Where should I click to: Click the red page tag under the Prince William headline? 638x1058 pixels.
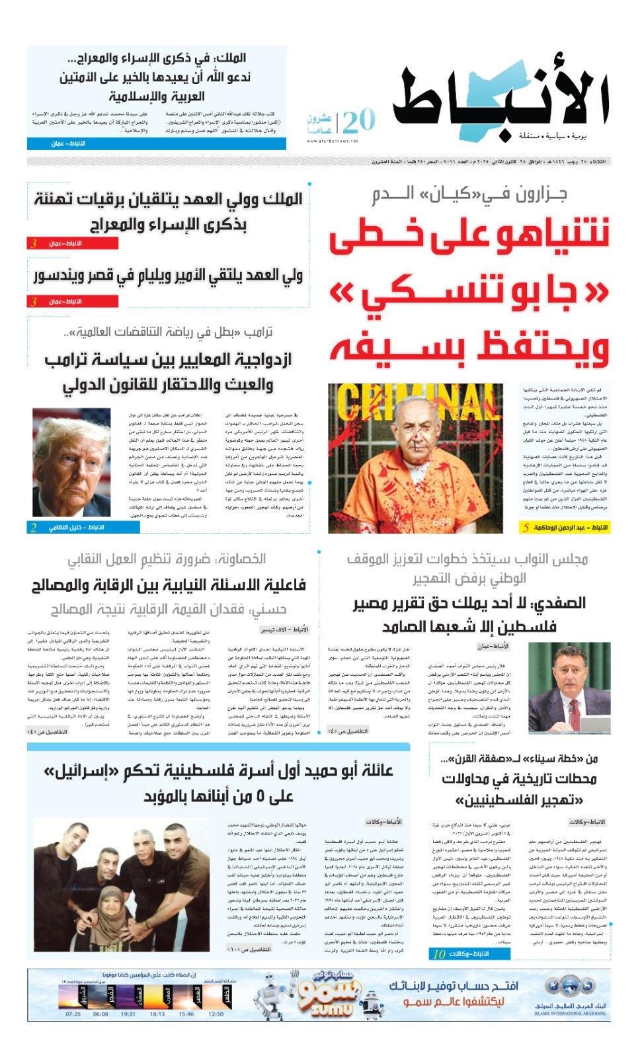pyautogui.click(x=72, y=302)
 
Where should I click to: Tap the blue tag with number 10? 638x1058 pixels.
pyautogui.click(x=471, y=954)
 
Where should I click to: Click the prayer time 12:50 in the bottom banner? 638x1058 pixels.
pyautogui.click(x=216, y=1014)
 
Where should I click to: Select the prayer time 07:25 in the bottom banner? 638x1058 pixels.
pyautogui.click(x=73, y=1014)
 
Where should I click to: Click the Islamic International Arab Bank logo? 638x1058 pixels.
pyautogui.click(x=569, y=996)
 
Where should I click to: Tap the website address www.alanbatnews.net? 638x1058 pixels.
pyautogui.click(x=332, y=140)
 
